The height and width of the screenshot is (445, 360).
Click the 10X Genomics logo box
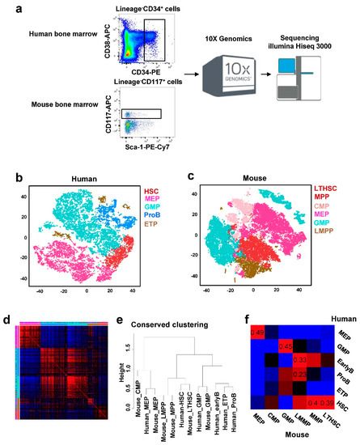coord(220,68)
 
